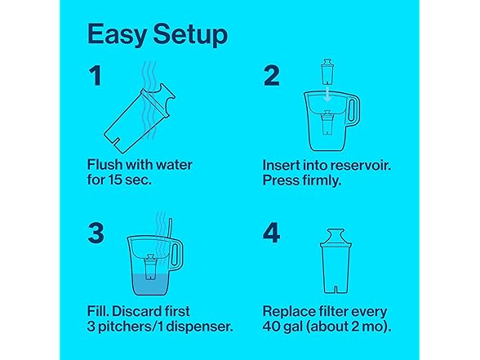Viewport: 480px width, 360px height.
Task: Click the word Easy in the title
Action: [x=117, y=35]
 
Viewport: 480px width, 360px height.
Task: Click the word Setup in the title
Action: [x=190, y=35]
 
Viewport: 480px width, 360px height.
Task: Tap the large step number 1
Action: [x=96, y=76]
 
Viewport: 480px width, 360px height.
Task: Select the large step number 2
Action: [x=272, y=76]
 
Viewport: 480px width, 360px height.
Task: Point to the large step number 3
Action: [x=96, y=233]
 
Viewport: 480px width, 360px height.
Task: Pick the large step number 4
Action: [x=272, y=233]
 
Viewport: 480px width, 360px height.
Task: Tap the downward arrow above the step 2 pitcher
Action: [x=327, y=94]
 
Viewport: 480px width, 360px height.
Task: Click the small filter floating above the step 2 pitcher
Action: [x=327, y=71]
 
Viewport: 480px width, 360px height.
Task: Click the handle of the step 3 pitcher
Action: [x=176, y=255]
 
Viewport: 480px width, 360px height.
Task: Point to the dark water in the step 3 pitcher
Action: [x=150, y=285]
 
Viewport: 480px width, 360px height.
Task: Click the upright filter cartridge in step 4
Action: [x=336, y=261]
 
